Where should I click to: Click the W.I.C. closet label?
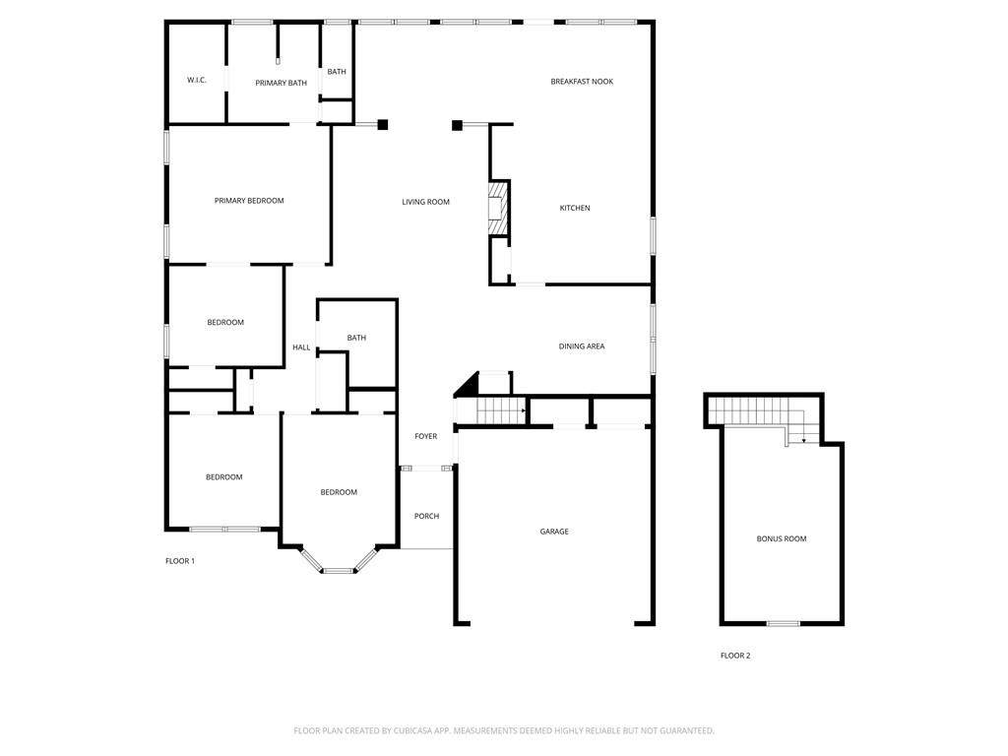197,81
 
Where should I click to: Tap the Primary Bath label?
281,83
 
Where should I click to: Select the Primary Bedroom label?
249,201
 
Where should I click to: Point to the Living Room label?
425,202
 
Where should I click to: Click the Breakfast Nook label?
582,82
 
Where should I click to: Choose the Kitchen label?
575,209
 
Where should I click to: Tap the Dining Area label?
582,346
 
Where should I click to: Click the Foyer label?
425,436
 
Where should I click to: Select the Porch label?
427,516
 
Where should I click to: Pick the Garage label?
554,532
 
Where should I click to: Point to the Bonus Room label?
781,538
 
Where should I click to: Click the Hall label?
301,347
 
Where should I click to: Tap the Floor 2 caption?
735,656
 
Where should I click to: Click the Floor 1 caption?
180,561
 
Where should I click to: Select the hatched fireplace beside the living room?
498,209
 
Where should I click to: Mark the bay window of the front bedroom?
339,561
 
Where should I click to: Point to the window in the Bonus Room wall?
784,623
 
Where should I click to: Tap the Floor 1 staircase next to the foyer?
501,410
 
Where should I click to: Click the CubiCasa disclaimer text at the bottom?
504,731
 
